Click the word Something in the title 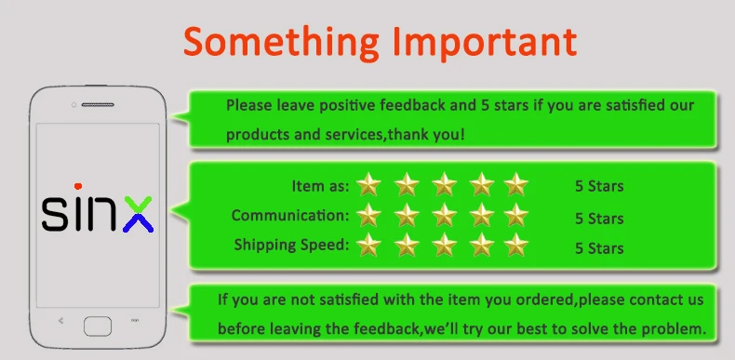click(x=281, y=43)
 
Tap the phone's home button click(x=98, y=327)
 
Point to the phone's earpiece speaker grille click(x=98, y=104)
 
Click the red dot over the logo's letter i click(x=78, y=186)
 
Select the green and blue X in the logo click(x=139, y=214)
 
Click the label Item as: click(x=321, y=186)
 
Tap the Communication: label click(x=290, y=216)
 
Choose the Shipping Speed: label click(x=291, y=245)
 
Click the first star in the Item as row click(x=368, y=184)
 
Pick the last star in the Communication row click(x=516, y=215)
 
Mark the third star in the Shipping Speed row click(x=444, y=246)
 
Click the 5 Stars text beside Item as click(x=599, y=186)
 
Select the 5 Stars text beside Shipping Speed click(x=599, y=248)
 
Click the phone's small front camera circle click(x=73, y=104)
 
